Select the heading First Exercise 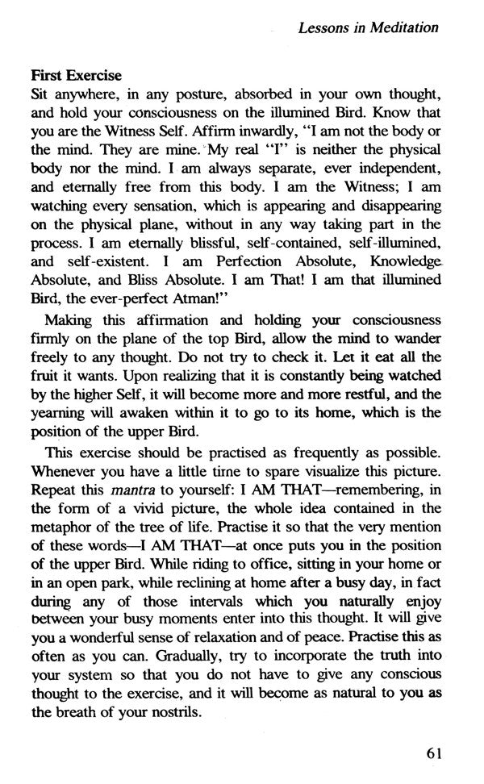point(75,75)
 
